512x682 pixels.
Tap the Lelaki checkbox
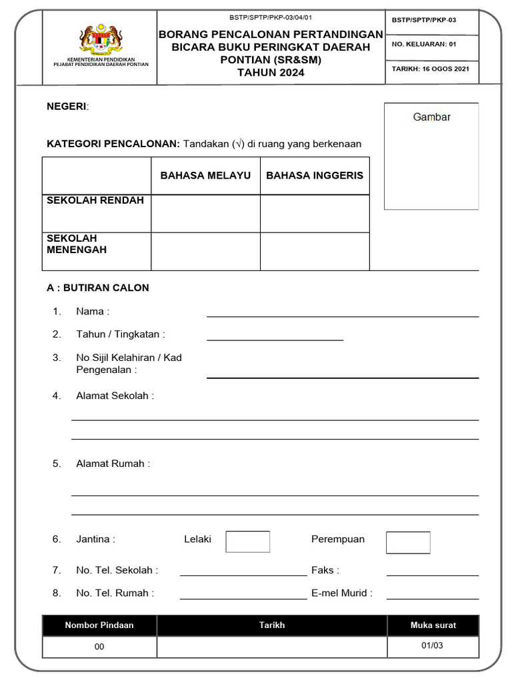[x=247, y=541]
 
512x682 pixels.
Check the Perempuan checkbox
[x=408, y=542]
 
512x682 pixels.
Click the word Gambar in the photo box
[x=431, y=117]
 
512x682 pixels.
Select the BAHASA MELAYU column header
[x=205, y=175]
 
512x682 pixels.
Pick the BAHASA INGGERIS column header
[x=315, y=175]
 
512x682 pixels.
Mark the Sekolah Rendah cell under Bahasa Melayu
[x=205, y=214]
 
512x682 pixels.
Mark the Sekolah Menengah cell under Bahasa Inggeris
[x=315, y=251]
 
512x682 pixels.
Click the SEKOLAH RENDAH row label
[x=95, y=200]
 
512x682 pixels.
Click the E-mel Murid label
[x=341, y=593]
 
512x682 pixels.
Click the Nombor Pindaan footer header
[x=99, y=625]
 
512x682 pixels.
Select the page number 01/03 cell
[x=432, y=645]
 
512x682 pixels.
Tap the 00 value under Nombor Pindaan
[x=99, y=647]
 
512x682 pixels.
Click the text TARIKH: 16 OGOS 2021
[x=431, y=69]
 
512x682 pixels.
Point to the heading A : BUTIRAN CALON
[x=98, y=288]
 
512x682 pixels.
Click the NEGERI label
[x=67, y=107]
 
